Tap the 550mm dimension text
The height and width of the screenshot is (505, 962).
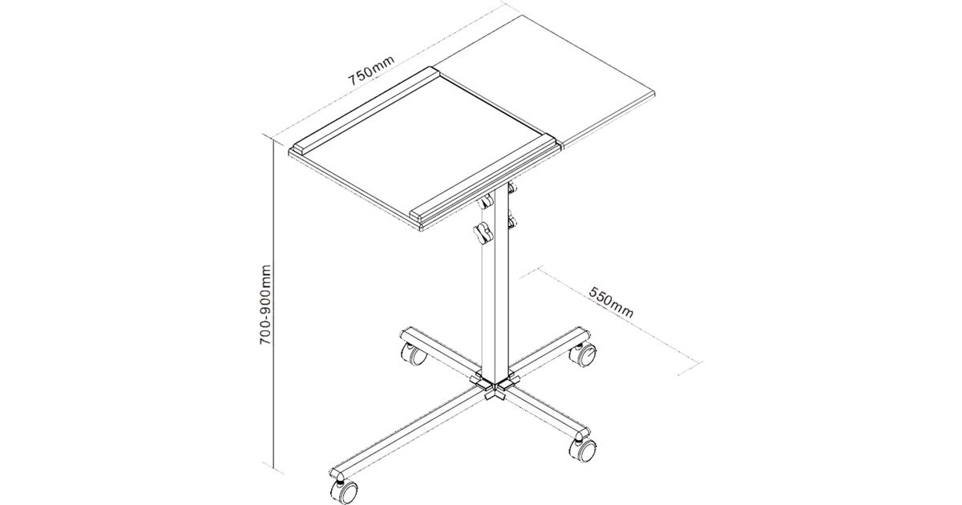pyautogui.click(x=611, y=301)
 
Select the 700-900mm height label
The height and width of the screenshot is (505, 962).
pyautogui.click(x=266, y=305)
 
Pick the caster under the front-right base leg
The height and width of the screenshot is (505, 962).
pyautogui.click(x=583, y=450)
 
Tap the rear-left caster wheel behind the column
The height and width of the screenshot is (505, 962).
pyautogui.click(x=414, y=354)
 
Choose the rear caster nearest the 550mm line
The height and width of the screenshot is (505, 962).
pyautogui.click(x=584, y=353)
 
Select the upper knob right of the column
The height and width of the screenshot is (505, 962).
pyautogui.click(x=512, y=188)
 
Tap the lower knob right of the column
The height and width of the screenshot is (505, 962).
pyautogui.click(x=512, y=221)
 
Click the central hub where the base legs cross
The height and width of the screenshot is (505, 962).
pyautogui.click(x=495, y=386)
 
